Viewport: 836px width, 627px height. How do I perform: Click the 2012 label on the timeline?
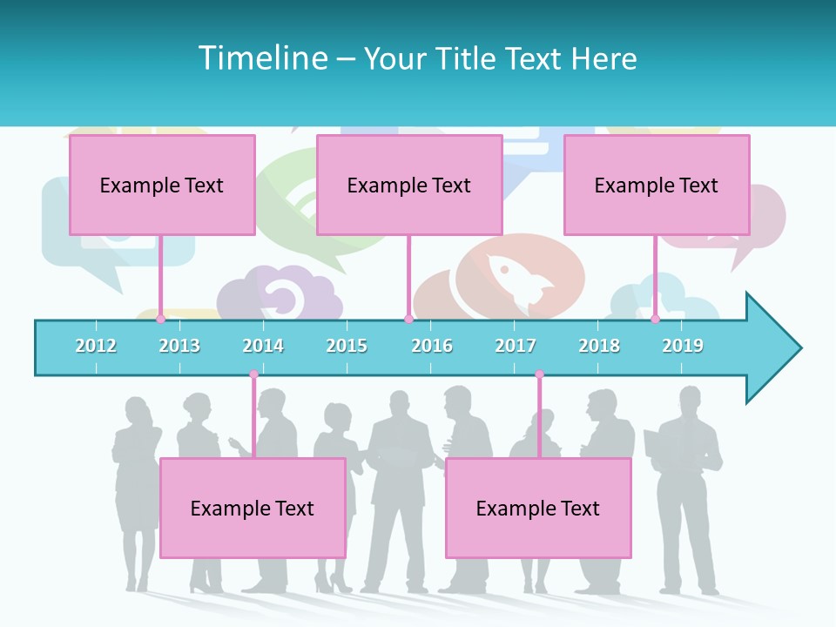[96, 346]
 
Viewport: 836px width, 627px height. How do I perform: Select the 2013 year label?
[179, 346]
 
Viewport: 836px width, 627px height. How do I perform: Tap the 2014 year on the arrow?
[263, 346]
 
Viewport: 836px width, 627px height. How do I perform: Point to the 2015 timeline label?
[347, 346]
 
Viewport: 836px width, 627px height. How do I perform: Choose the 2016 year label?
[432, 346]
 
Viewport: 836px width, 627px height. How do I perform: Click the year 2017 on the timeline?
[516, 346]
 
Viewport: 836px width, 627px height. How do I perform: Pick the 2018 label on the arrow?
[599, 346]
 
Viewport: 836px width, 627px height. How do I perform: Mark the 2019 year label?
[683, 346]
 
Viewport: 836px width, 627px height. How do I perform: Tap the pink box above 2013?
[162, 185]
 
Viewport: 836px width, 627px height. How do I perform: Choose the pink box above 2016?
[409, 185]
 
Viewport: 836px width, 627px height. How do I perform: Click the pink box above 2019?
[657, 185]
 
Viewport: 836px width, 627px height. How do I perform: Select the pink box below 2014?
[253, 508]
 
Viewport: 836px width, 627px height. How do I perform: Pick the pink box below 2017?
[538, 508]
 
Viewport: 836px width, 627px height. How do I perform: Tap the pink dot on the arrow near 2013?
[160, 320]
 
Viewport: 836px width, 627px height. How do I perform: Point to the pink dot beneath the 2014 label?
[253, 374]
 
